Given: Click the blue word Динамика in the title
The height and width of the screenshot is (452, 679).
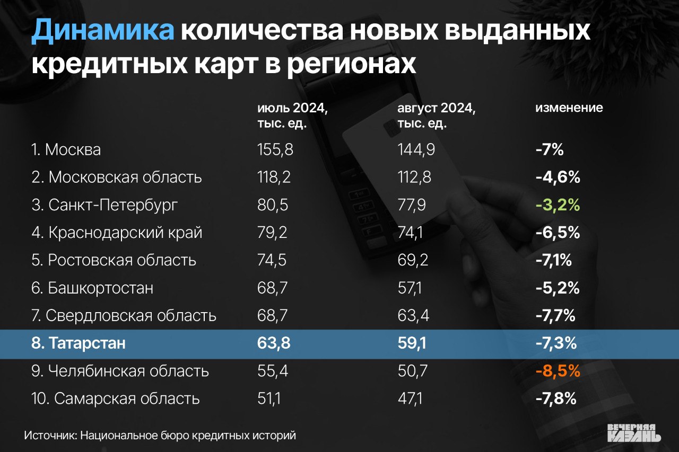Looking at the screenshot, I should [102, 31].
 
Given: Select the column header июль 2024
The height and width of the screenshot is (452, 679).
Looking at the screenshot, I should [292, 108].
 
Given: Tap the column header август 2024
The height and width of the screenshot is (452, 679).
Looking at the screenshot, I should [436, 108].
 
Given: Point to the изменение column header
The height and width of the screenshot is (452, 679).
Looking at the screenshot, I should [569, 108].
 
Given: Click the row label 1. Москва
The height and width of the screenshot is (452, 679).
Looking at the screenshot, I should [66, 149].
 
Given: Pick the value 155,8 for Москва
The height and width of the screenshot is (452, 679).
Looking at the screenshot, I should [275, 149].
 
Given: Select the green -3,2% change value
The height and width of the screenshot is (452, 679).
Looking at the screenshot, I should [558, 205].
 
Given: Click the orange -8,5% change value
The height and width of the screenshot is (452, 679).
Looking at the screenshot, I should [558, 371].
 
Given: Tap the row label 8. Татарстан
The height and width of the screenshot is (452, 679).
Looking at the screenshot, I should [79, 343].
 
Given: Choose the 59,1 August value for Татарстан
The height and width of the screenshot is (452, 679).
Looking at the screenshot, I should [412, 343].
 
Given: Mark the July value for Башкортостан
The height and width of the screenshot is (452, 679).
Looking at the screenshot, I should [272, 288].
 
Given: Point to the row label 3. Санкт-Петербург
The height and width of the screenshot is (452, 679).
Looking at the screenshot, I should [104, 205].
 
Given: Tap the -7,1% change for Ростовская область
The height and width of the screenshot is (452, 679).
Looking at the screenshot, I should [555, 261].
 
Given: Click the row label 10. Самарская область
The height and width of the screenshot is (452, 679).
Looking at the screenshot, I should [115, 398].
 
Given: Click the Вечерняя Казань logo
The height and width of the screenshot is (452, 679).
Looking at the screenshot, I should [634, 432].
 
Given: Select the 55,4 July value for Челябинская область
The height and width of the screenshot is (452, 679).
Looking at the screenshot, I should [273, 371].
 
